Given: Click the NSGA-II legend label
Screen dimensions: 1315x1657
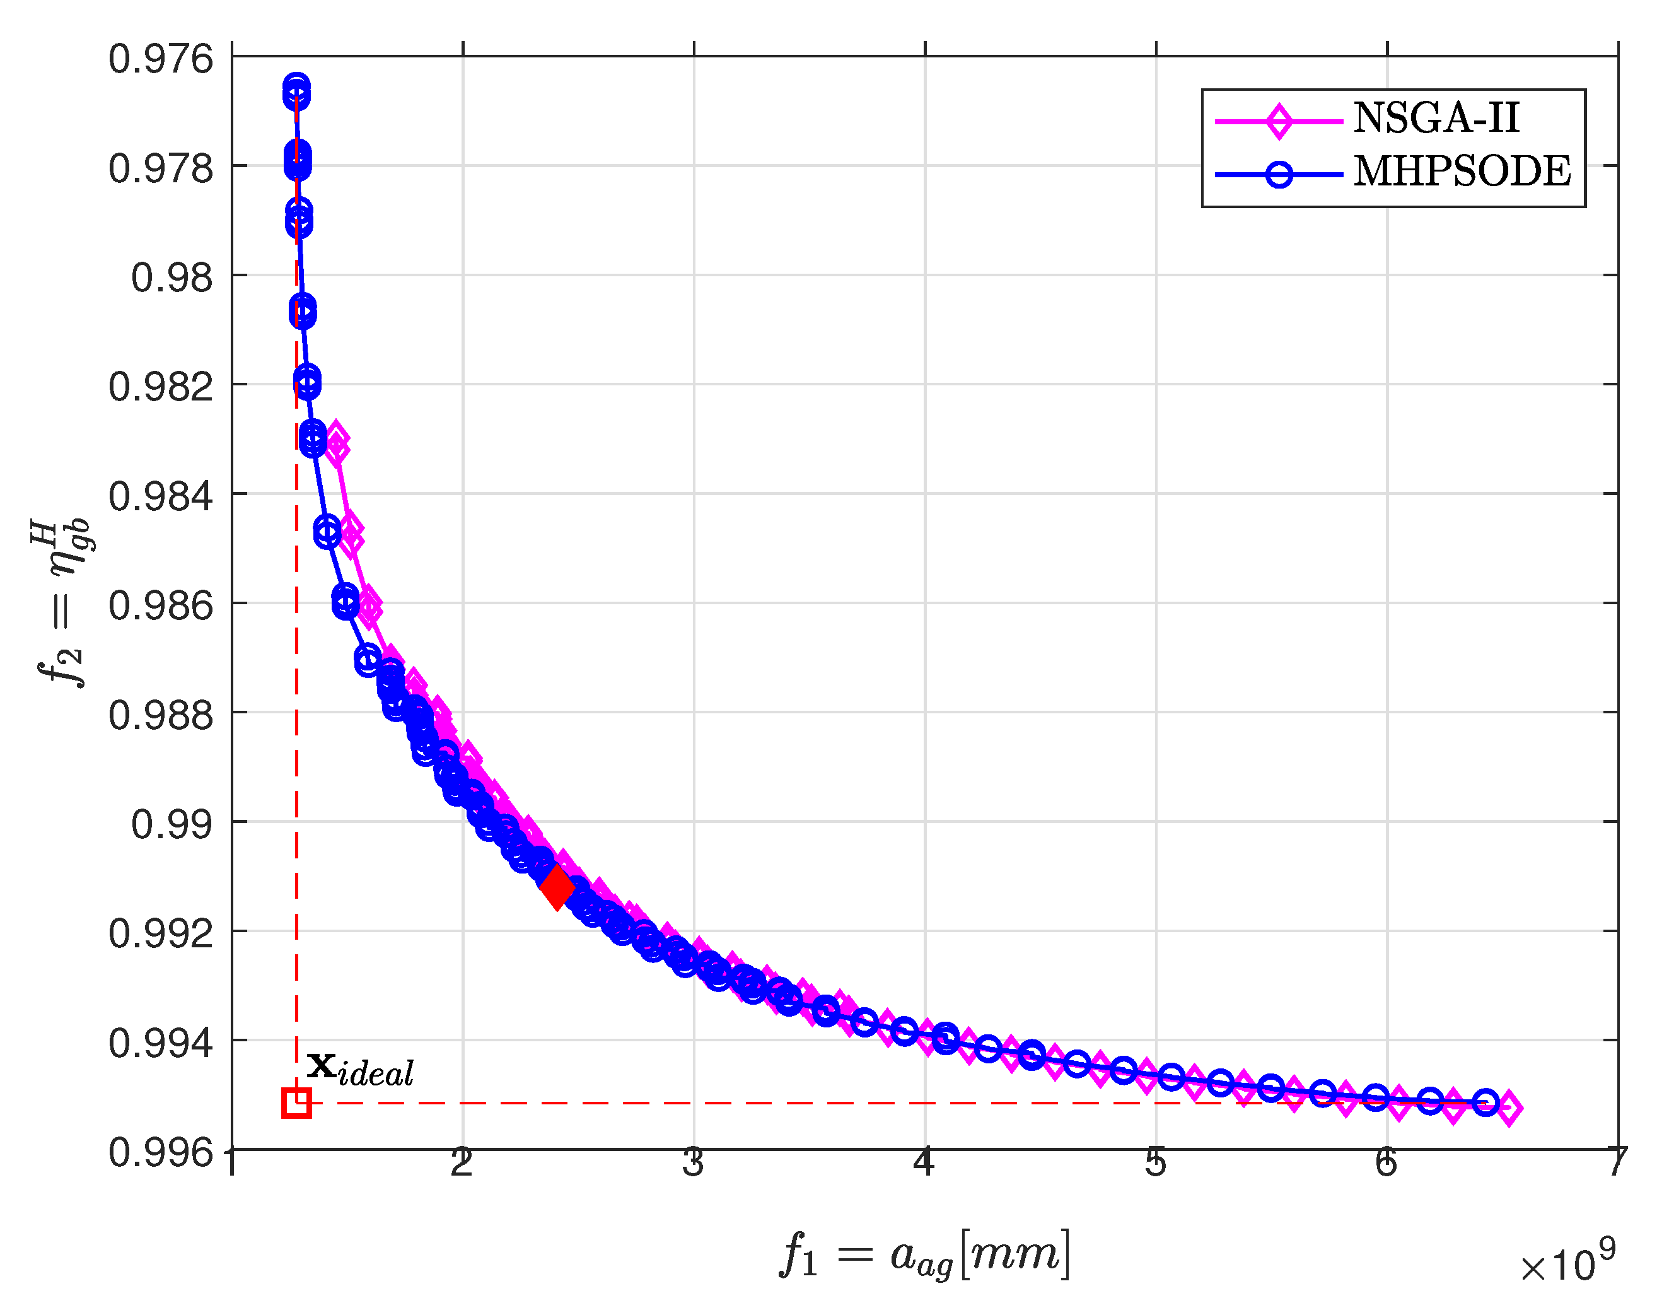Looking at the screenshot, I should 1436,119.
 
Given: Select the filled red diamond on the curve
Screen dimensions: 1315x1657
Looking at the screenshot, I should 557,887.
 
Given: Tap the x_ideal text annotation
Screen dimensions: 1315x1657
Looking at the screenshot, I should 359,1068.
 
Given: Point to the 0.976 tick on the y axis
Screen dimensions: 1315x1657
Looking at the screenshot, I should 161,59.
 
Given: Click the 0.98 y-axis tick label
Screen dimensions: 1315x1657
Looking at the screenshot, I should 172,278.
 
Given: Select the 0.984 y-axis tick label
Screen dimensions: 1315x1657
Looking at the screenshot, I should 161,496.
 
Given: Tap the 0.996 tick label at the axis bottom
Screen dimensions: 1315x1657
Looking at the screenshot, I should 161,1153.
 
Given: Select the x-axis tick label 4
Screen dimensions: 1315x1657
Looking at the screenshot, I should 924,1163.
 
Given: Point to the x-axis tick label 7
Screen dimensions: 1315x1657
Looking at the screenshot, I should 1617,1163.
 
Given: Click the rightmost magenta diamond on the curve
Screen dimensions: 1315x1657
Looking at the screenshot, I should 1509,1108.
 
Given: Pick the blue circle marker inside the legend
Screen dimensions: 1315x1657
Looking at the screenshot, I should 1279,175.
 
